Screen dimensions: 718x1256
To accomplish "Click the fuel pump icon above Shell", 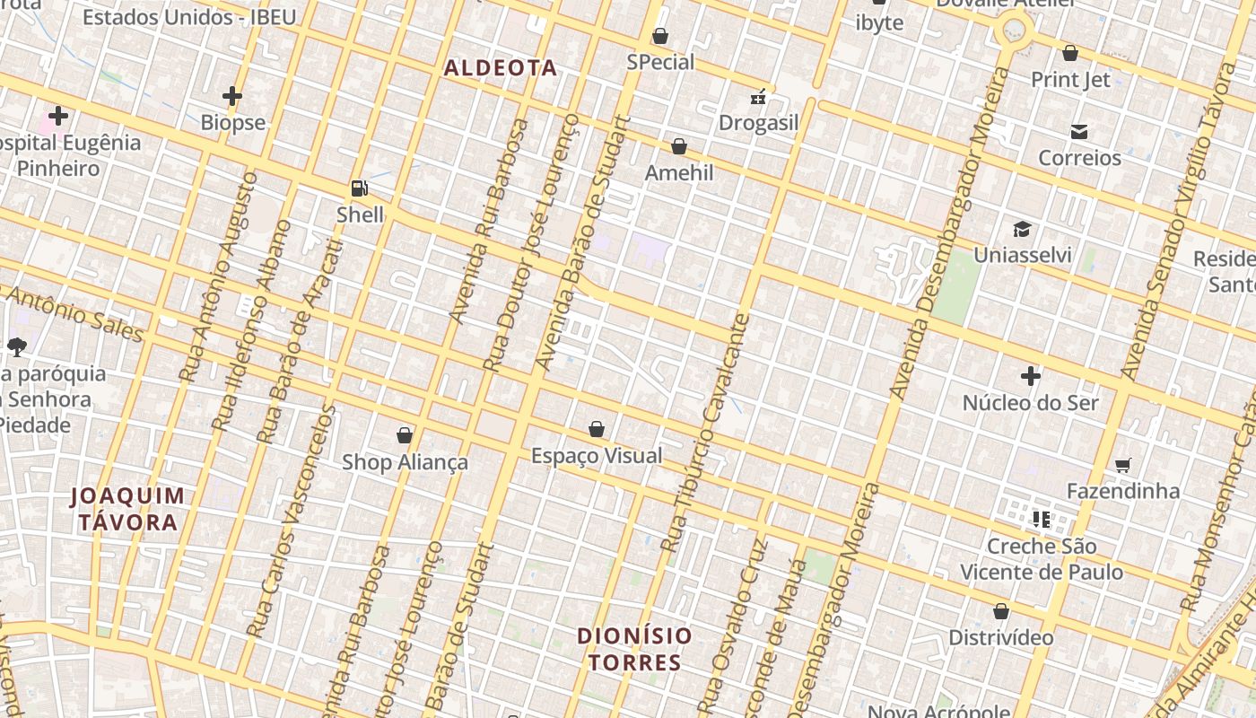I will click(x=359, y=188).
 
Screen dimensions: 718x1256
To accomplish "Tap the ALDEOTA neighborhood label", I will click(x=501, y=68).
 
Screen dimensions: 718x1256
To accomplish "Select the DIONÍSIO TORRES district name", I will click(x=634, y=649).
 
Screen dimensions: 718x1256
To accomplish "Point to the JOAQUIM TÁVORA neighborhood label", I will click(x=127, y=509).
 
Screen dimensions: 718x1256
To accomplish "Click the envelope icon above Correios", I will click(x=1079, y=132).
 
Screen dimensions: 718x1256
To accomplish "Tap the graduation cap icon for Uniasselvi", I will click(x=1022, y=229).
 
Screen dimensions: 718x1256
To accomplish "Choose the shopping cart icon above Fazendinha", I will click(x=1122, y=465).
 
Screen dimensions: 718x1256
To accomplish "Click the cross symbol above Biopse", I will click(x=232, y=95).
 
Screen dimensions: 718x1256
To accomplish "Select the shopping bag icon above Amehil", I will click(x=679, y=146).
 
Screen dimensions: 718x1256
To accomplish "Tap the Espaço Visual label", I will click(x=597, y=456).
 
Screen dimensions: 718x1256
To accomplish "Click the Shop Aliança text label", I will click(x=405, y=462).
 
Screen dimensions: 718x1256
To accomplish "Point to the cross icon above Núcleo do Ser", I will click(x=1030, y=376).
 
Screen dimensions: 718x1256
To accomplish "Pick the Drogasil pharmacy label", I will click(x=758, y=123).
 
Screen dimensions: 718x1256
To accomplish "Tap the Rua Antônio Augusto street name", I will click(x=218, y=278).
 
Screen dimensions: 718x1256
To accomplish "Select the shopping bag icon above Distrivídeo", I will click(x=1001, y=612).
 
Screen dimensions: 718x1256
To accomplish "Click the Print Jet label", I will click(x=1070, y=80).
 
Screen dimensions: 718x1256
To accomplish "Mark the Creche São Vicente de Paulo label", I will click(x=1042, y=559).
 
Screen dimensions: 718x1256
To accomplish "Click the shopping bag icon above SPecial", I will click(x=660, y=36).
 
